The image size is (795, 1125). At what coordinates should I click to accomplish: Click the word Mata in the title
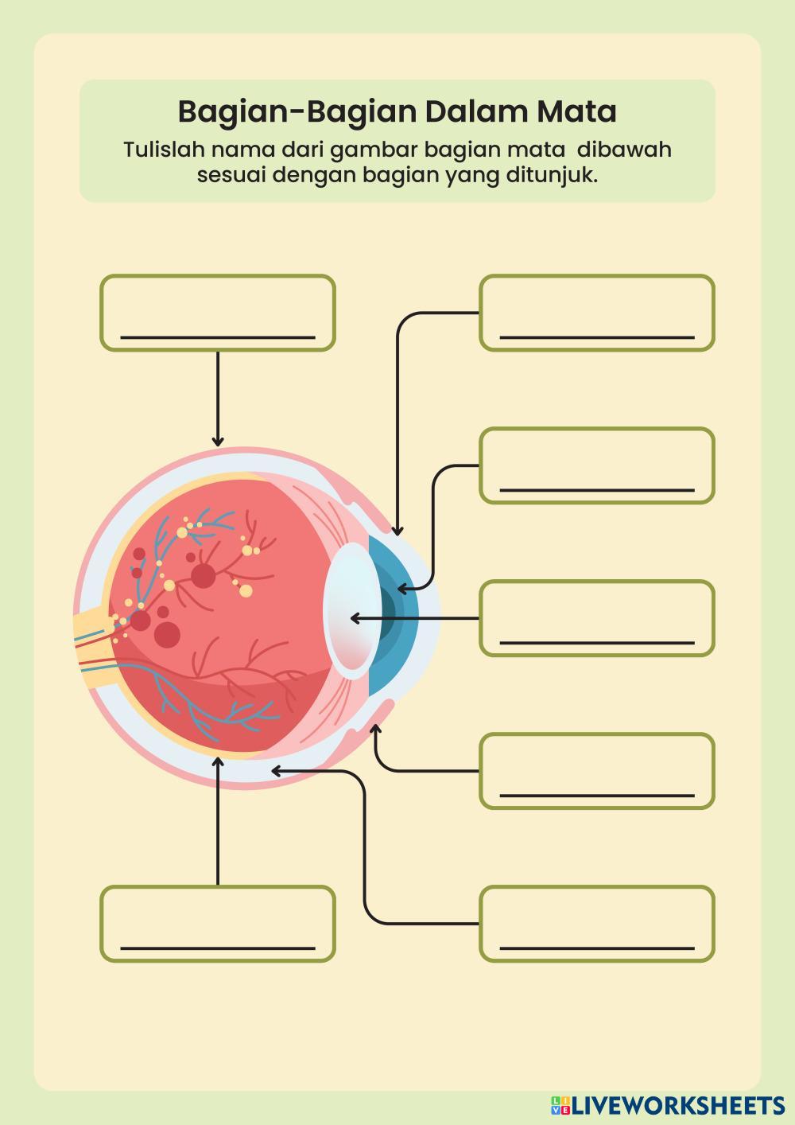click(577, 111)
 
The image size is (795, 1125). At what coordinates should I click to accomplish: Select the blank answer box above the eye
click(217, 313)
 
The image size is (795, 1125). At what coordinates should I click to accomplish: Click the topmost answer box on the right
click(596, 313)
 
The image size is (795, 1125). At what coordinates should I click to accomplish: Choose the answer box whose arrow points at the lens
click(596, 618)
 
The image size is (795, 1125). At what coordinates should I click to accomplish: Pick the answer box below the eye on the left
click(217, 924)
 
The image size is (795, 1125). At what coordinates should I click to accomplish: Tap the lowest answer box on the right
click(596, 924)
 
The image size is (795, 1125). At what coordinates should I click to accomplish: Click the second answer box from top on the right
click(596, 465)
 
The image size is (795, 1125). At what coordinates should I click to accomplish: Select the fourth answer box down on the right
click(596, 771)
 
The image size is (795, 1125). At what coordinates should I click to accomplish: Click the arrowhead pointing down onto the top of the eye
click(217, 442)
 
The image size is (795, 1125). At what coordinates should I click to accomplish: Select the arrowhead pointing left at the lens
click(355, 618)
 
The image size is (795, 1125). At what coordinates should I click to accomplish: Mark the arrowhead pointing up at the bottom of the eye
click(218, 762)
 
